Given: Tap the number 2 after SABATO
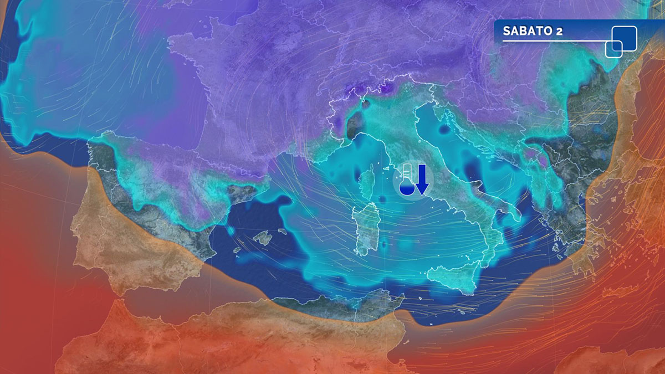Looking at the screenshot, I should [x=559, y=31].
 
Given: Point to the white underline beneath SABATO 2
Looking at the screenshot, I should [x=554, y=41].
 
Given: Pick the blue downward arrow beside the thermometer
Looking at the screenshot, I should [x=422, y=180].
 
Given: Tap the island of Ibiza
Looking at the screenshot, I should [x=237, y=250].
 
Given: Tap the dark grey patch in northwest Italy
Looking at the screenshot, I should [x=353, y=125].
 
